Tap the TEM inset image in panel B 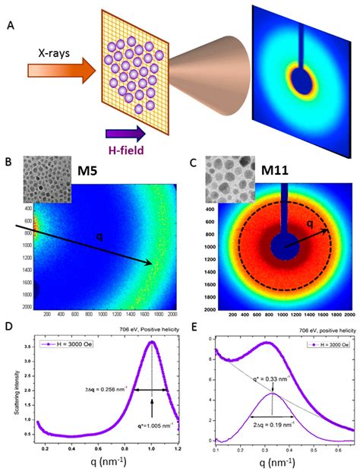tap(48, 179)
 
